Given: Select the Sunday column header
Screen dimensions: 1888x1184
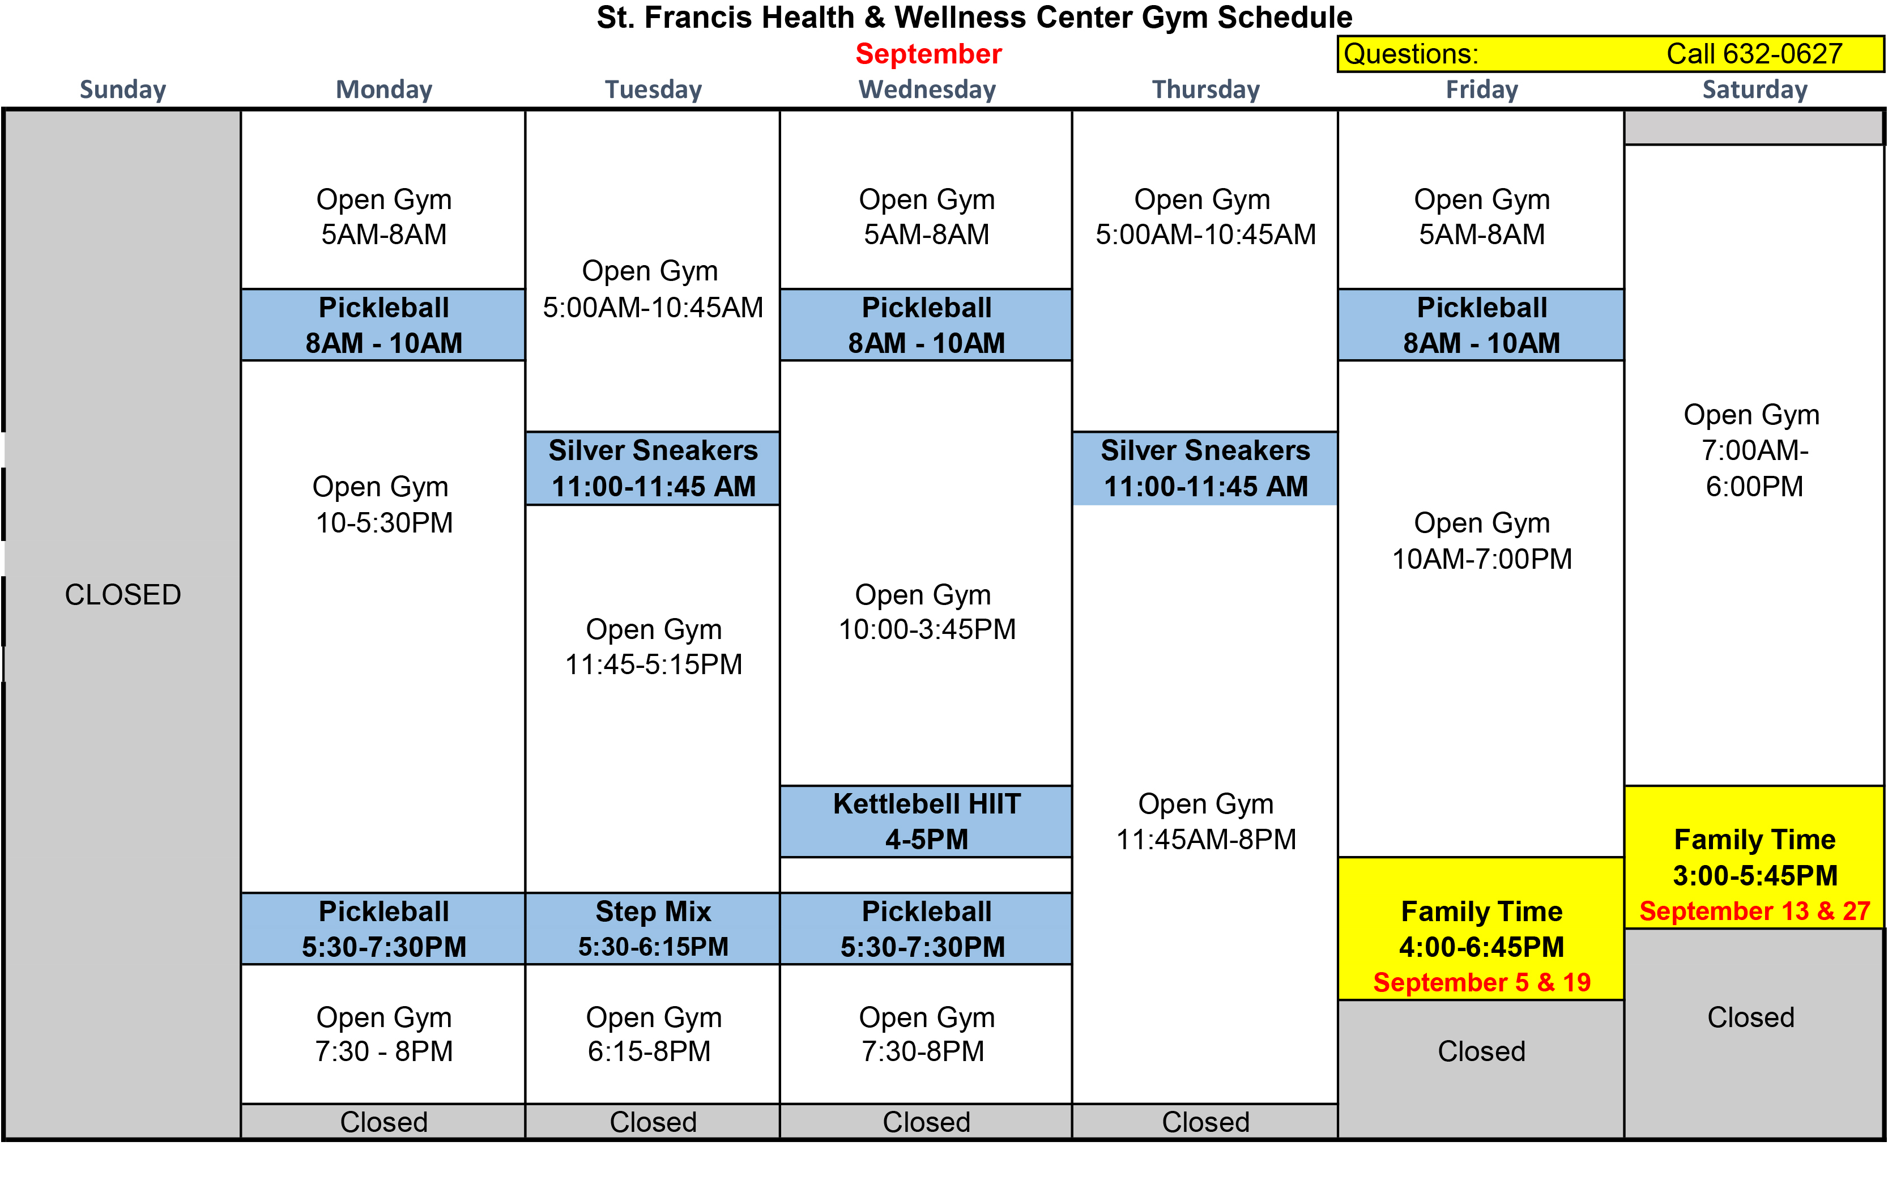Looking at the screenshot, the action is (x=123, y=90).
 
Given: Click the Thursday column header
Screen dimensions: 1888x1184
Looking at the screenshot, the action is (x=1205, y=90).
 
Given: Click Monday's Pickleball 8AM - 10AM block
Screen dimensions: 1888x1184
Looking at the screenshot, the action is (x=383, y=325).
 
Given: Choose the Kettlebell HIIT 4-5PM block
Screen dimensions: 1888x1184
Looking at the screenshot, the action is (x=926, y=821).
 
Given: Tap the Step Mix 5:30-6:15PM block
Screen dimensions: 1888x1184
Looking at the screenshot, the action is (x=653, y=929).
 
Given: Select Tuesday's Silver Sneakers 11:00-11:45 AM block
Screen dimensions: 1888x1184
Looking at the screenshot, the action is (x=653, y=469).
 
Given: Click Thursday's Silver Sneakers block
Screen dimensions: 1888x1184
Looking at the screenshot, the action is (x=1205, y=469).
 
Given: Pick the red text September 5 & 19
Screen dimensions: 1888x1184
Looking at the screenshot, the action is (x=1482, y=982).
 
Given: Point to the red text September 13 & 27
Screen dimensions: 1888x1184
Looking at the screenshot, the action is (x=1755, y=911).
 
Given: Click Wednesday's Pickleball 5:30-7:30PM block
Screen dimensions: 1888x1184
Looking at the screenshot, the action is (x=926, y=929).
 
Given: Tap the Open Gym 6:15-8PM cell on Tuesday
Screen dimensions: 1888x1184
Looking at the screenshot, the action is (x=653, y=1034).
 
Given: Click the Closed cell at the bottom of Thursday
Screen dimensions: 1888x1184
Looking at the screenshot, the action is (x=1205, y=1121).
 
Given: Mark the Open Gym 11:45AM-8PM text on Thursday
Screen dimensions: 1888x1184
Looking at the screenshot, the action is (x=1205, y=821).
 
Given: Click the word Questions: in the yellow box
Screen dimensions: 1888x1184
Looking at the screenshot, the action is (x=1410, y=54).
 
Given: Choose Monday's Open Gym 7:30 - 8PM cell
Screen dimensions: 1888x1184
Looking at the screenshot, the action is (x=383, y=1034).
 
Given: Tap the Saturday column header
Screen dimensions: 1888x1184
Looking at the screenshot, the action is (x=1755, y=90).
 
